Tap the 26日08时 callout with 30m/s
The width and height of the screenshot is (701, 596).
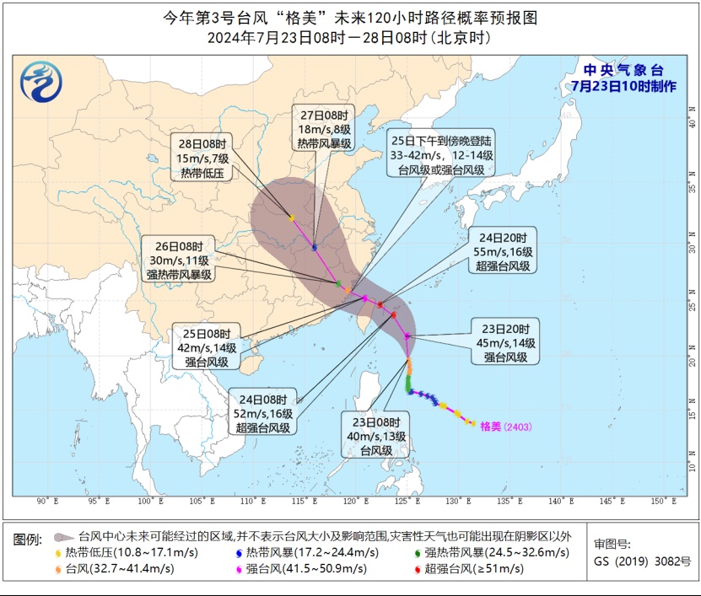click(x=179, y=260)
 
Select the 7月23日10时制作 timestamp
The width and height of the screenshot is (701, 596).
click(x=623, y=86)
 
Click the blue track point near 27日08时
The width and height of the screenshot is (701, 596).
click(x=315, y=247)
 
